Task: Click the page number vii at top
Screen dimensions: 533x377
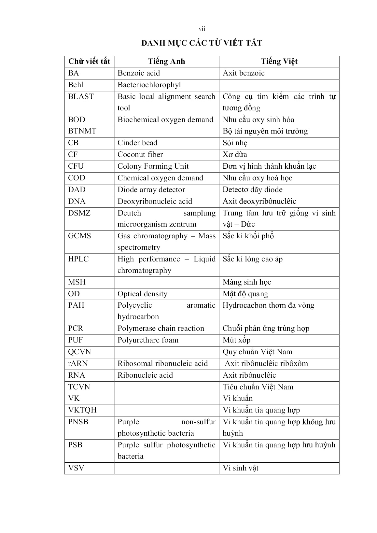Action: click(202, 29)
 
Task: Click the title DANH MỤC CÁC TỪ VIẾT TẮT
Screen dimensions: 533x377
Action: click(202, 43)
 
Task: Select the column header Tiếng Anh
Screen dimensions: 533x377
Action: click(166, 62)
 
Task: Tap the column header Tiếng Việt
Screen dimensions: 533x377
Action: click(279, 62)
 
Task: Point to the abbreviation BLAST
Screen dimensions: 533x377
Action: click(81, 97)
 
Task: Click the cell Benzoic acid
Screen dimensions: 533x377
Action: click(139, 73)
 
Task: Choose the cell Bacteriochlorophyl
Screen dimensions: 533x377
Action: click(149, 85)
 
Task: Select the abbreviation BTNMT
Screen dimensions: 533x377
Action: click(82, 131)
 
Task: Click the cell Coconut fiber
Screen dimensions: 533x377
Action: click(140, 155)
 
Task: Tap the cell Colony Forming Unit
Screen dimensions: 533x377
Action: click(153, 166)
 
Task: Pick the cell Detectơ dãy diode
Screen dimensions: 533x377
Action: click(252, 190)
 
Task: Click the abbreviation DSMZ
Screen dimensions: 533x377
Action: click(79, 213)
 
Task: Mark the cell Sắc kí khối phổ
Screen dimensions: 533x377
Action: click(248, 236)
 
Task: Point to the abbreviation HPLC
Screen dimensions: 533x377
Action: click(78, 259)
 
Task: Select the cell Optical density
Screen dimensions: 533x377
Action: click(142, 294)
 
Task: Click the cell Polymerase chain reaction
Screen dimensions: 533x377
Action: click(161, 329)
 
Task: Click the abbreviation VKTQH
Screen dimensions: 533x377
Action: click(82, 410)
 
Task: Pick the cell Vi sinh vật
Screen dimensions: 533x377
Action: click(240, 468)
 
